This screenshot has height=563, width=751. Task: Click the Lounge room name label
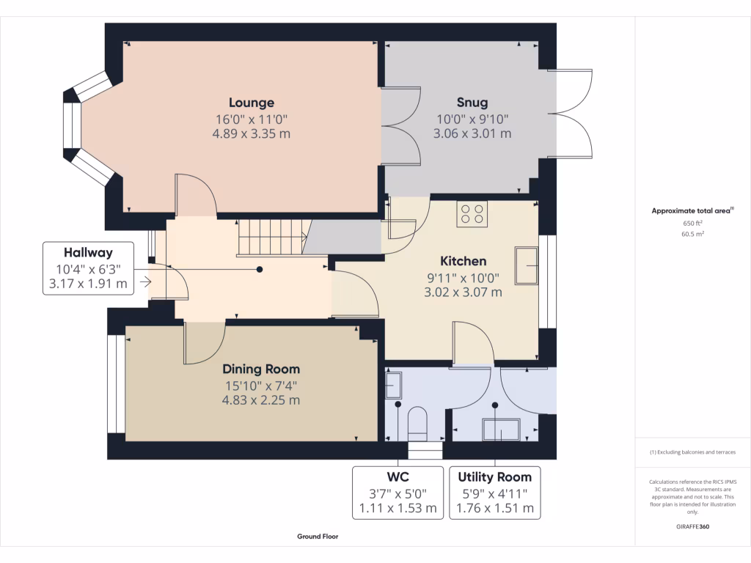point(251,103)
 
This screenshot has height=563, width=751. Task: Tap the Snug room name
point(472,103)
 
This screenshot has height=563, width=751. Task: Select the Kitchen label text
point(463,261)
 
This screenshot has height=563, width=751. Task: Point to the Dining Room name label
point(261,369)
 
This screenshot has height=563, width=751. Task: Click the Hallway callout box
point(88,268)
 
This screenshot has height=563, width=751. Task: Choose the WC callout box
point(398,492)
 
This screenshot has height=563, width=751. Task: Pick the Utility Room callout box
point(495,492)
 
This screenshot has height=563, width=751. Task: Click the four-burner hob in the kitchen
point(472,214)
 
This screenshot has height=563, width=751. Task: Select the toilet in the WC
point(417,423)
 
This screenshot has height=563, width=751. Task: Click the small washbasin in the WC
point(392,384)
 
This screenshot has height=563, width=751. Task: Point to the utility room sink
point(500,429)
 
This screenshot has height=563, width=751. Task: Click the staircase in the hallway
point(271,238)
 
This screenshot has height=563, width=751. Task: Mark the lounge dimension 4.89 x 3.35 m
point(251,133)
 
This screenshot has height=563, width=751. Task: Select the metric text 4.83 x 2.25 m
point(261,400)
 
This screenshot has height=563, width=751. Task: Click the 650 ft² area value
point(692,223)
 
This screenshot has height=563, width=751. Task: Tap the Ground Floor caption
point(318,537)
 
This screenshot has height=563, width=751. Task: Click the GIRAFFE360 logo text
point(692,526)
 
